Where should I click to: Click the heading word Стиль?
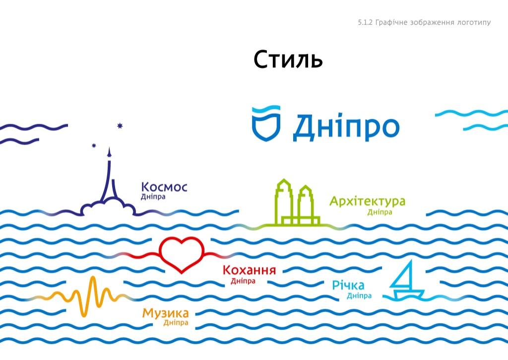(288, 60)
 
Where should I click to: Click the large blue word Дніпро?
(346, 128)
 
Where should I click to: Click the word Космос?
(164, 187)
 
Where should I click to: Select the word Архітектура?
(367, 202)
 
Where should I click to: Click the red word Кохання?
(249, 271)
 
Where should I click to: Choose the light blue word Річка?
(348, 286)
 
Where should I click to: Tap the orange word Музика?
(165, 313)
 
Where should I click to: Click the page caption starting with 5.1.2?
(424, 22)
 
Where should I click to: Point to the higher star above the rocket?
(120, 125)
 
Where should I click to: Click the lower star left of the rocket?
(94, 145)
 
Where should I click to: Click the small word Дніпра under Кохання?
(243, 281)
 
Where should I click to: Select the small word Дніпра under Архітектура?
(380, 213)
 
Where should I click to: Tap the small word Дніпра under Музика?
(176, 323)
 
